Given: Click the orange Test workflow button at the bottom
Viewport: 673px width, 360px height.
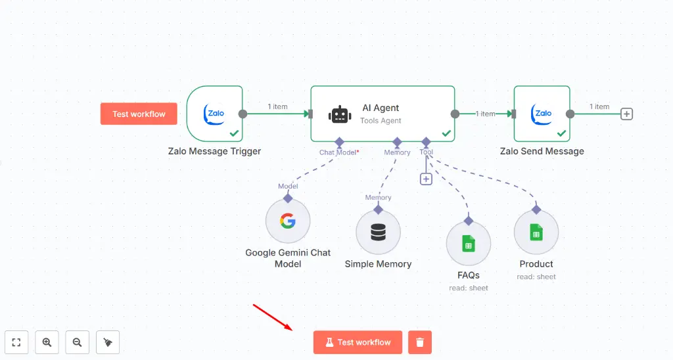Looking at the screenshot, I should pos(358,342).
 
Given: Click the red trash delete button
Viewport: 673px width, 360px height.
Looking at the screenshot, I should pos(420,342).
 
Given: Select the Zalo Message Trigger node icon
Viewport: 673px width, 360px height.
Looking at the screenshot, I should pos(215,114).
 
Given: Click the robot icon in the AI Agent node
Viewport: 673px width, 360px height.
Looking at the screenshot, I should pos(340,114).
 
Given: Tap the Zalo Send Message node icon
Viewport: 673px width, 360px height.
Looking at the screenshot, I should pos(543,114).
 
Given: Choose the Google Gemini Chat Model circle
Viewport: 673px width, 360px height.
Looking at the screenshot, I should pos(288,221).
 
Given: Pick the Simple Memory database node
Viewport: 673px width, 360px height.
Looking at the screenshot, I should pos(378,233).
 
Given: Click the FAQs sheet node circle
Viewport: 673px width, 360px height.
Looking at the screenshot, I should pos(469,244).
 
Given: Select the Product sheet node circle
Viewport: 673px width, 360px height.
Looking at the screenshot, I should pos(536,233).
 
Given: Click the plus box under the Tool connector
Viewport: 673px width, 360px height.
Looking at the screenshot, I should pos(426,179).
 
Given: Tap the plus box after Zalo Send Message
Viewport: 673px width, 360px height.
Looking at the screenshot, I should pos(627,114).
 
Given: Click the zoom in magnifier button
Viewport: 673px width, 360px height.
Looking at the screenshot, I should pos(47,342).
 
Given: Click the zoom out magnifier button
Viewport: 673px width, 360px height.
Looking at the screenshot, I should pos(77,342).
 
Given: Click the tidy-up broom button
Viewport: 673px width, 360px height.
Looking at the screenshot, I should pos(108,342).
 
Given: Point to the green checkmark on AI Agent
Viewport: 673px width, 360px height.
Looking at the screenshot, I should pos(446,133).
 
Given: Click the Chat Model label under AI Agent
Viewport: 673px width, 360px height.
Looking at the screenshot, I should pos(338,152).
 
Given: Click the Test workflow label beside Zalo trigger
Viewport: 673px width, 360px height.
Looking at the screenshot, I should pos(139,114).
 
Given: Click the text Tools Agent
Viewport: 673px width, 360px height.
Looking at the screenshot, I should pos(381,121).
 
